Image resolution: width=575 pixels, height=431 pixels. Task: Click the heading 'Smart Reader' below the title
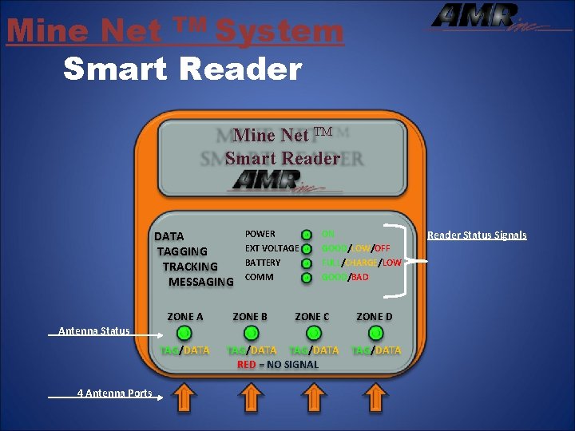point(182,69)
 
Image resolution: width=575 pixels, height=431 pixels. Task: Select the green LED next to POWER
point(306,235)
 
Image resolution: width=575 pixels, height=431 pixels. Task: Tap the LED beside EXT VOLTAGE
point(306,249)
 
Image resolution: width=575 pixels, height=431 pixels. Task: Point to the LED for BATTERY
point(306,263)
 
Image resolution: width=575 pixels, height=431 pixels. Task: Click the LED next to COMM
point(306,278)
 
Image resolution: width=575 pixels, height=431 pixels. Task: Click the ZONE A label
point(184,317)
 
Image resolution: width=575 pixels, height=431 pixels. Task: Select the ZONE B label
point(250,317)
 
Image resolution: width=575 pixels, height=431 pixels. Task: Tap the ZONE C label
point(312,317)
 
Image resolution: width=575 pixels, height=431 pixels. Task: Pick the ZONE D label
point(375,317)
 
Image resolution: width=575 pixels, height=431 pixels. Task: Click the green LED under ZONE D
point(375,332)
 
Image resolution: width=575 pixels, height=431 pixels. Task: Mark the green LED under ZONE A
point(184,332)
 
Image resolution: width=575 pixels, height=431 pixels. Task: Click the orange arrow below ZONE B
point(250,396)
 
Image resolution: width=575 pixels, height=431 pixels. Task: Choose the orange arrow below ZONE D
point(375,396)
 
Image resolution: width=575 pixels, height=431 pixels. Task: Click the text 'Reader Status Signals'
point(477,235)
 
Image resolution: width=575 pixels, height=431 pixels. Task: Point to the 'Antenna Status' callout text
point(93,330)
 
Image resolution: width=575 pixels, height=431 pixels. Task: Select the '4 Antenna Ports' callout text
point(114,393)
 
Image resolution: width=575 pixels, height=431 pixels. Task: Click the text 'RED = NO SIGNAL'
point(277,365)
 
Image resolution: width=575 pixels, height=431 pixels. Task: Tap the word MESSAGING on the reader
point(200,282)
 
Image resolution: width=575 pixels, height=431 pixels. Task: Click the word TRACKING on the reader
point(190,267)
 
